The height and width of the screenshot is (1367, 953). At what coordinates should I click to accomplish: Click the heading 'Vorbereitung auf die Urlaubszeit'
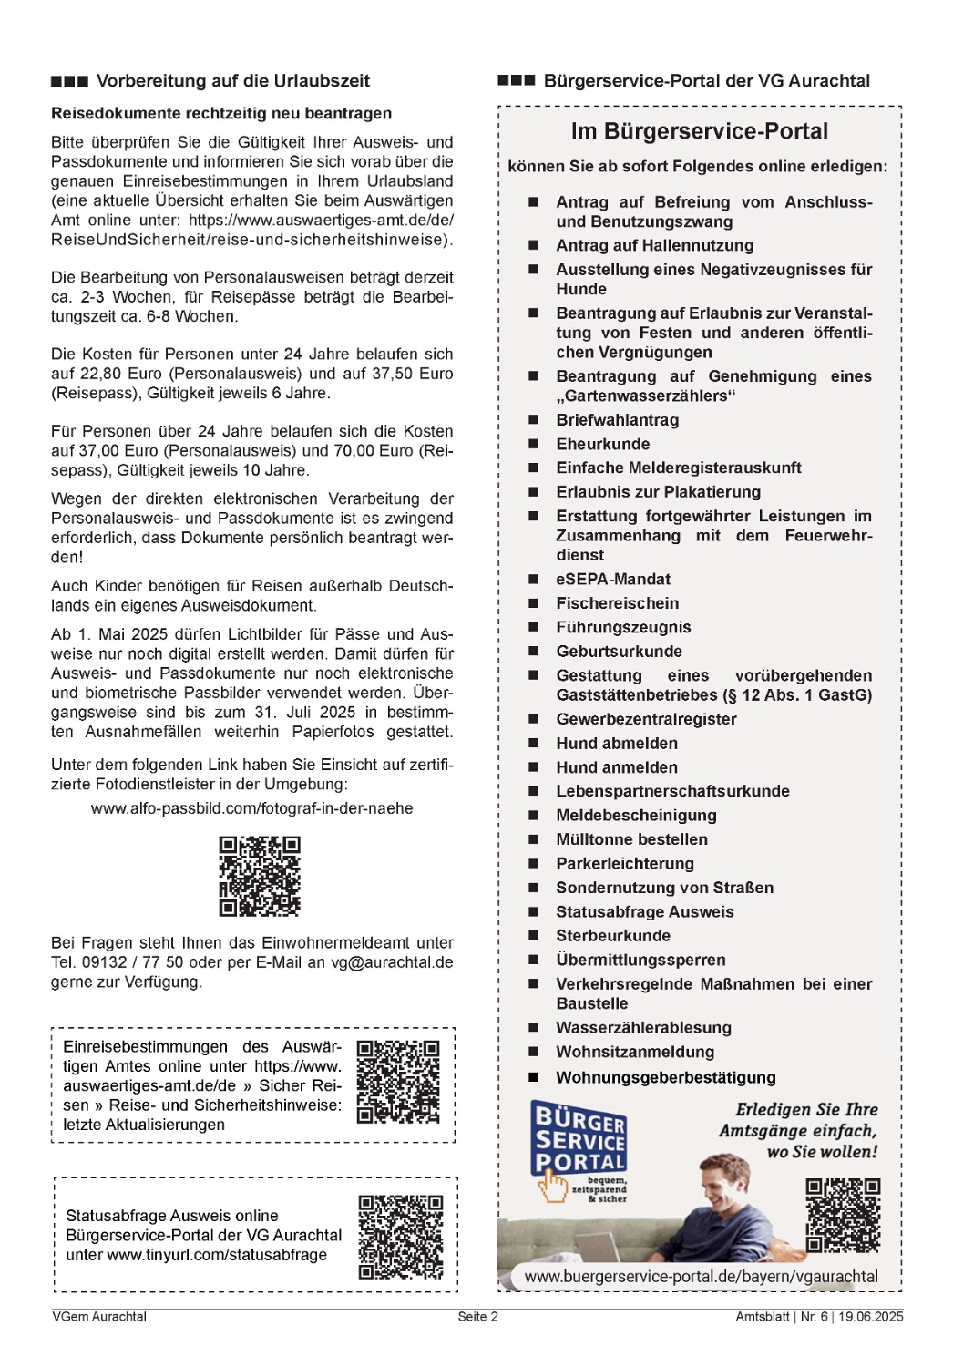click(x=232, y=81)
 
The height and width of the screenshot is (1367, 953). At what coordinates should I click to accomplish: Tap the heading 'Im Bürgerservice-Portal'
click(x=700, y=131)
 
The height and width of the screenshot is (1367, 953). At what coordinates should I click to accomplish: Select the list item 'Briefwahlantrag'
click(x=618, y=420)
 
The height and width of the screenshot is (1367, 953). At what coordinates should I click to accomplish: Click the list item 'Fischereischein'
click(x=618, y=603)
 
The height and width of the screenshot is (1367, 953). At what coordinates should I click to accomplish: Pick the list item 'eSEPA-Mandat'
click(x=613, y=580)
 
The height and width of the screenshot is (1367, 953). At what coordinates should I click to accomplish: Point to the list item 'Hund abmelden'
click(x=617, y=744)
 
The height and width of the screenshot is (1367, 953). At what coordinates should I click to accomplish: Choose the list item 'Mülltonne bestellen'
click(x=631, y=839)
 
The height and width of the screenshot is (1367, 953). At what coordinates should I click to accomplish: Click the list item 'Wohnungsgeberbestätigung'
click(x=666, y=1077)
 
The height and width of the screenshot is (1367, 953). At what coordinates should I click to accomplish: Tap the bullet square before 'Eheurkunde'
click(x=534, y=444)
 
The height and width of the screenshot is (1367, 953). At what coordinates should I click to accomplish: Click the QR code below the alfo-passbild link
click(x=260, y=876)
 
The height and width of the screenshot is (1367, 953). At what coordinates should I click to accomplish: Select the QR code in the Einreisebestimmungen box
click(x=398, y=1082)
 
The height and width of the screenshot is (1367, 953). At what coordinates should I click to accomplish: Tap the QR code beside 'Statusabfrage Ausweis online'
click(x=401, y=1238)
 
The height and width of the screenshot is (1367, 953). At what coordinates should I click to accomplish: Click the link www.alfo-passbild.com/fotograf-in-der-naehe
click(x=252, y=808)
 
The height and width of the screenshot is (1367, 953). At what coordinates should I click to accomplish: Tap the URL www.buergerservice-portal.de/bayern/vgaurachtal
click(x=702, y=1277)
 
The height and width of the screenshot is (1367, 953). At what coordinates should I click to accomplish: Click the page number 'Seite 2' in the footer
click(x=477, y=1317)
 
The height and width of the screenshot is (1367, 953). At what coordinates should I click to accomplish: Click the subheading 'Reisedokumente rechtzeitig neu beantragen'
click(x=221, y=114)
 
